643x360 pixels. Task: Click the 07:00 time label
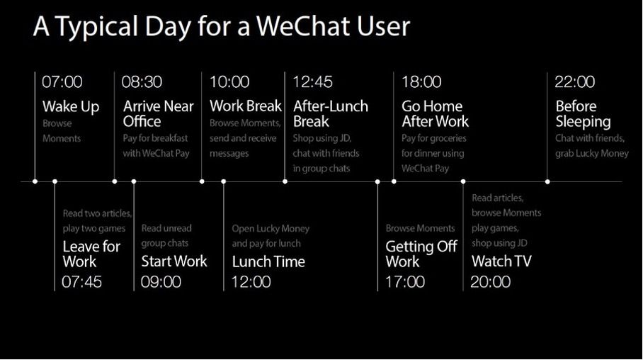click(62, 81)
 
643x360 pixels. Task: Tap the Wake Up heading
click(71, 107)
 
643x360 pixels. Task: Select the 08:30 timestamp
click(142, 81)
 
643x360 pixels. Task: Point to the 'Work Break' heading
click(246, 106)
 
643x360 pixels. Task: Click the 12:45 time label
click(312, 81)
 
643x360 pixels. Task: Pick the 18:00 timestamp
click(421, 81)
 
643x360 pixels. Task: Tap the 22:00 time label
click(574, 81)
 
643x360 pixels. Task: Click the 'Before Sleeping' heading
click(583, 113)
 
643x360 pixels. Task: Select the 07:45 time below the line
click(81, 282)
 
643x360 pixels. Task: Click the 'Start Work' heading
click(174, 261)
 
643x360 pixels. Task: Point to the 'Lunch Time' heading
click(268, 261)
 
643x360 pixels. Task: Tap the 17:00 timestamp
click(405, 282)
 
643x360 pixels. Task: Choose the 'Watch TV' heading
click(501, 261)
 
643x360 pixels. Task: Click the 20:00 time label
click(491, 282)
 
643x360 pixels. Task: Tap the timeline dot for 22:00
click(547, 181)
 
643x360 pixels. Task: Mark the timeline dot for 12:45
click(285, 181)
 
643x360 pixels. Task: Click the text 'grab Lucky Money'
click(592, 154)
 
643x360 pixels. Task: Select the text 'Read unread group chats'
click(166, 235)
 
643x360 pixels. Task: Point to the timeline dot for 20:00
click(463, 181)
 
